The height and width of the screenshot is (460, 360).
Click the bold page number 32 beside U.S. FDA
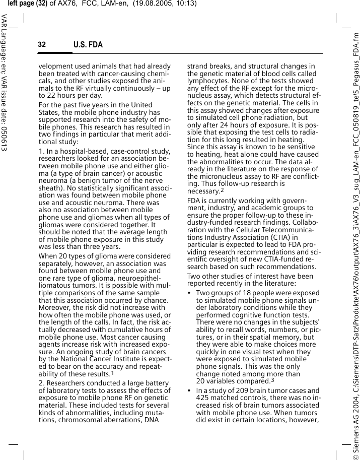click(42, 45)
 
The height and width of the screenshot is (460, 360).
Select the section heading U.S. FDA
click(88, 45)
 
